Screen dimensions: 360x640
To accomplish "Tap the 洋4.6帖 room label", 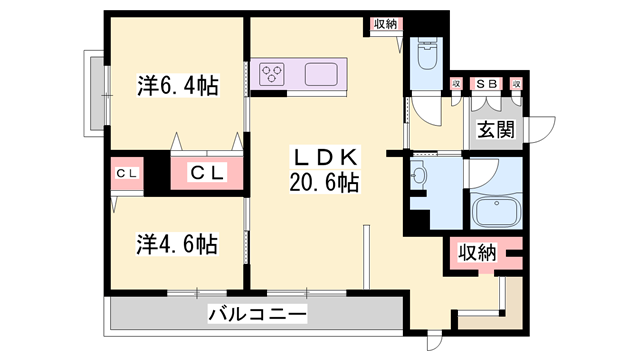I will tap(177, 243).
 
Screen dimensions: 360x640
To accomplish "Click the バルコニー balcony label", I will tap(258, 314).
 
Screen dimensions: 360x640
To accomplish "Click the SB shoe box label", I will tap(487, 84).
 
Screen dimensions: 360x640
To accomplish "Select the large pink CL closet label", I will tap(209, 173).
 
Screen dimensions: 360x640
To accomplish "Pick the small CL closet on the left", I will tap(127, 173).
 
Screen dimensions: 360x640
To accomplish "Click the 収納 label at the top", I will tap(385, 24).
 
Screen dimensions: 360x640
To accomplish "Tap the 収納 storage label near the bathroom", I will tap(478, 253).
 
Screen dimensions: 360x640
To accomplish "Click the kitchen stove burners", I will tap(273, 72).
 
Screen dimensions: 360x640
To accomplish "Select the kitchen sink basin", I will tap(322, 73).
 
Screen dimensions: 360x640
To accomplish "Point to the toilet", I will tap(424, 54).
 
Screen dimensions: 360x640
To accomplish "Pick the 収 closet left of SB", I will tap(456, 84).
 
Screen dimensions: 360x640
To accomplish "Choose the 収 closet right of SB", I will tap(517, 84).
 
